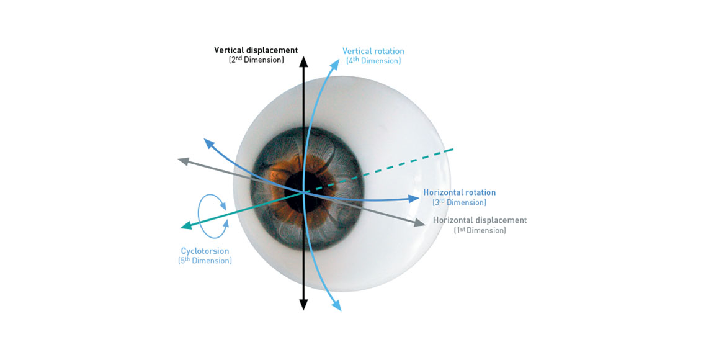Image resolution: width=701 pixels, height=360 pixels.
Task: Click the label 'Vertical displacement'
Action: (256, 50)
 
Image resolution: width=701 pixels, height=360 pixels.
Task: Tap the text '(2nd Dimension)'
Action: (256, 60)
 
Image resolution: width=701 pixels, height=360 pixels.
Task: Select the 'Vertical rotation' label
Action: (373, 51)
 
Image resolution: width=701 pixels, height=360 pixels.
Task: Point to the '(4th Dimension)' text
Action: (373, 61)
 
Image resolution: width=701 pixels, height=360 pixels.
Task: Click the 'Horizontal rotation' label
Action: (460, 192)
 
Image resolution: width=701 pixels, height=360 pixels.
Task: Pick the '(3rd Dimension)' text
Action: (460, 202)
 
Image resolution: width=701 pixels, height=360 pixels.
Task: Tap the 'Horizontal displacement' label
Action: (480, 220)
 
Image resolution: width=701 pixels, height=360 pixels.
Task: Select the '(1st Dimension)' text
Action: (480, 230)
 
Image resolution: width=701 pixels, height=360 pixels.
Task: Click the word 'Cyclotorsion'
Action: (205, 251)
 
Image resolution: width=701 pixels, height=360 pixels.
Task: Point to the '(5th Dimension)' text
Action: (205, 260)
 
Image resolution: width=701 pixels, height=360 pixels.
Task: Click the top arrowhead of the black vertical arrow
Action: (303, 61)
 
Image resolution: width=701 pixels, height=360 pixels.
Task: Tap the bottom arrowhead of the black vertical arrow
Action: (303, 305)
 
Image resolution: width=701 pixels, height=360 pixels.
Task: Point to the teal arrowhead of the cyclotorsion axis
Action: (185, 225)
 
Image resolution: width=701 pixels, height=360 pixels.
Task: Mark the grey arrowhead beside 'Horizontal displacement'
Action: (420, 222)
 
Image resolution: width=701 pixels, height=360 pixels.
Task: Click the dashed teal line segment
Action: (379, 170)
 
